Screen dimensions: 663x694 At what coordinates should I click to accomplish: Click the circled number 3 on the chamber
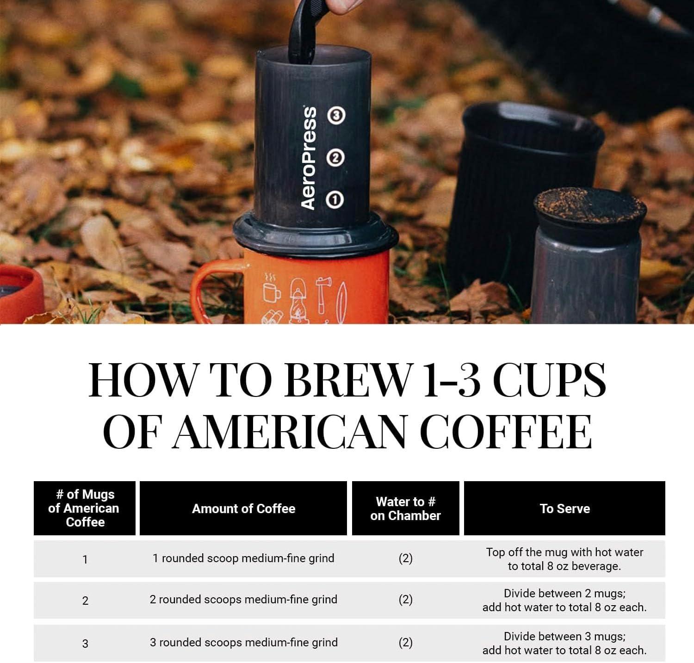click(336, 115)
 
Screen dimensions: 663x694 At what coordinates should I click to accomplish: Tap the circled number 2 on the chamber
click(335, 158)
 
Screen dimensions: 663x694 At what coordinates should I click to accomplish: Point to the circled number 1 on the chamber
click(335, 200)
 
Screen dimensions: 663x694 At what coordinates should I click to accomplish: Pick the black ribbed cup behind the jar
click(514, 185)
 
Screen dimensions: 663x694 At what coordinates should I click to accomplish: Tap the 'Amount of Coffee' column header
click(243, 508)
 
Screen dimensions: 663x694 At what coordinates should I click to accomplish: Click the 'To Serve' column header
click(564, 508)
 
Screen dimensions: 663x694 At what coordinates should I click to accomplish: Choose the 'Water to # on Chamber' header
click(405, 508)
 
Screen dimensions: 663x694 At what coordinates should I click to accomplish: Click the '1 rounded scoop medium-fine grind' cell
click(243, 558)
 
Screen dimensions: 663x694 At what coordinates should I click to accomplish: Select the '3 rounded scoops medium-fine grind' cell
click(243, 643)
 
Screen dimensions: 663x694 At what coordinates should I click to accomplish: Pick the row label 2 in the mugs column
click(85, 601)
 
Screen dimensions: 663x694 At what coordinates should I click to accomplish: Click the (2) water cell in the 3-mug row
click(405, 643)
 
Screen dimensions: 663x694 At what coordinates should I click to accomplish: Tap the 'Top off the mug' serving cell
click(564, 559)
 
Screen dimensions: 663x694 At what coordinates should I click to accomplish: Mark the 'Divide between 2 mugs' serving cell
click(564, 600)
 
